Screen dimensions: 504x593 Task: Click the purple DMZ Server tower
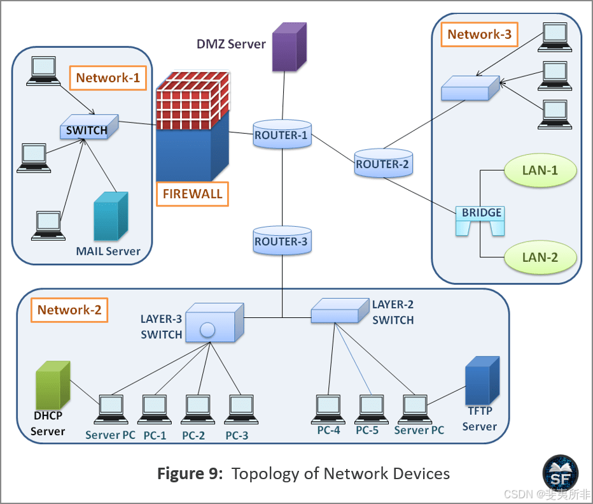(x=288, y=47)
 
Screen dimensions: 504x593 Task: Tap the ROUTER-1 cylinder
(x=281, y=135)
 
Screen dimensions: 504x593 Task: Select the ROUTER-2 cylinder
(x=383, y=164)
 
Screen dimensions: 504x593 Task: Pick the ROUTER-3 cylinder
(x=281, y=241)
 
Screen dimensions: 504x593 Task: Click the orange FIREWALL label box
(x=192, y=194)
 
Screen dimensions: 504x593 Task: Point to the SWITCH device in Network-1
(x=88, y=129)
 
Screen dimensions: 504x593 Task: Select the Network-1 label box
(x=108, y=78)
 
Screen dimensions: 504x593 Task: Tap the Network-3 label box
(x=479, y=34)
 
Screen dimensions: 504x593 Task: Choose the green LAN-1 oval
(x=540, y=171)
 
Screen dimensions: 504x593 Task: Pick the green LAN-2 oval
(x=540, y=257)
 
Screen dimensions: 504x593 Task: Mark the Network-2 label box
(x=69, y=310)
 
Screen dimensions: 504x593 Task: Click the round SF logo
(x=560, y=473)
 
